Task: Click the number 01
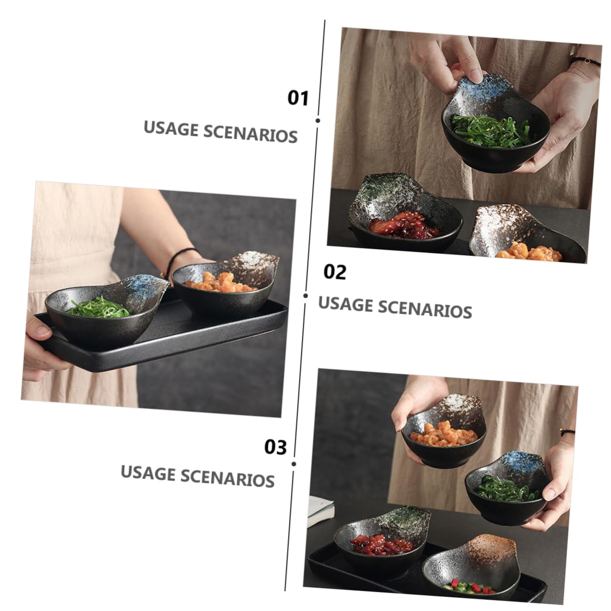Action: (x=298, y=98)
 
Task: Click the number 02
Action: (x=335, y=272)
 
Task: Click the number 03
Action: (x=276, y=447)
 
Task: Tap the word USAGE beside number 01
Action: (x=171, y=129)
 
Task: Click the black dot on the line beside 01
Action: (x=318, y=120)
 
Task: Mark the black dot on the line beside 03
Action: (x=294, y=463)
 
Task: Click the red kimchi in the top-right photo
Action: (x=404, y=227)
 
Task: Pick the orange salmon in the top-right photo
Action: (x=529, y=252)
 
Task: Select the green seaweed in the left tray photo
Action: (x=98, y=307)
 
